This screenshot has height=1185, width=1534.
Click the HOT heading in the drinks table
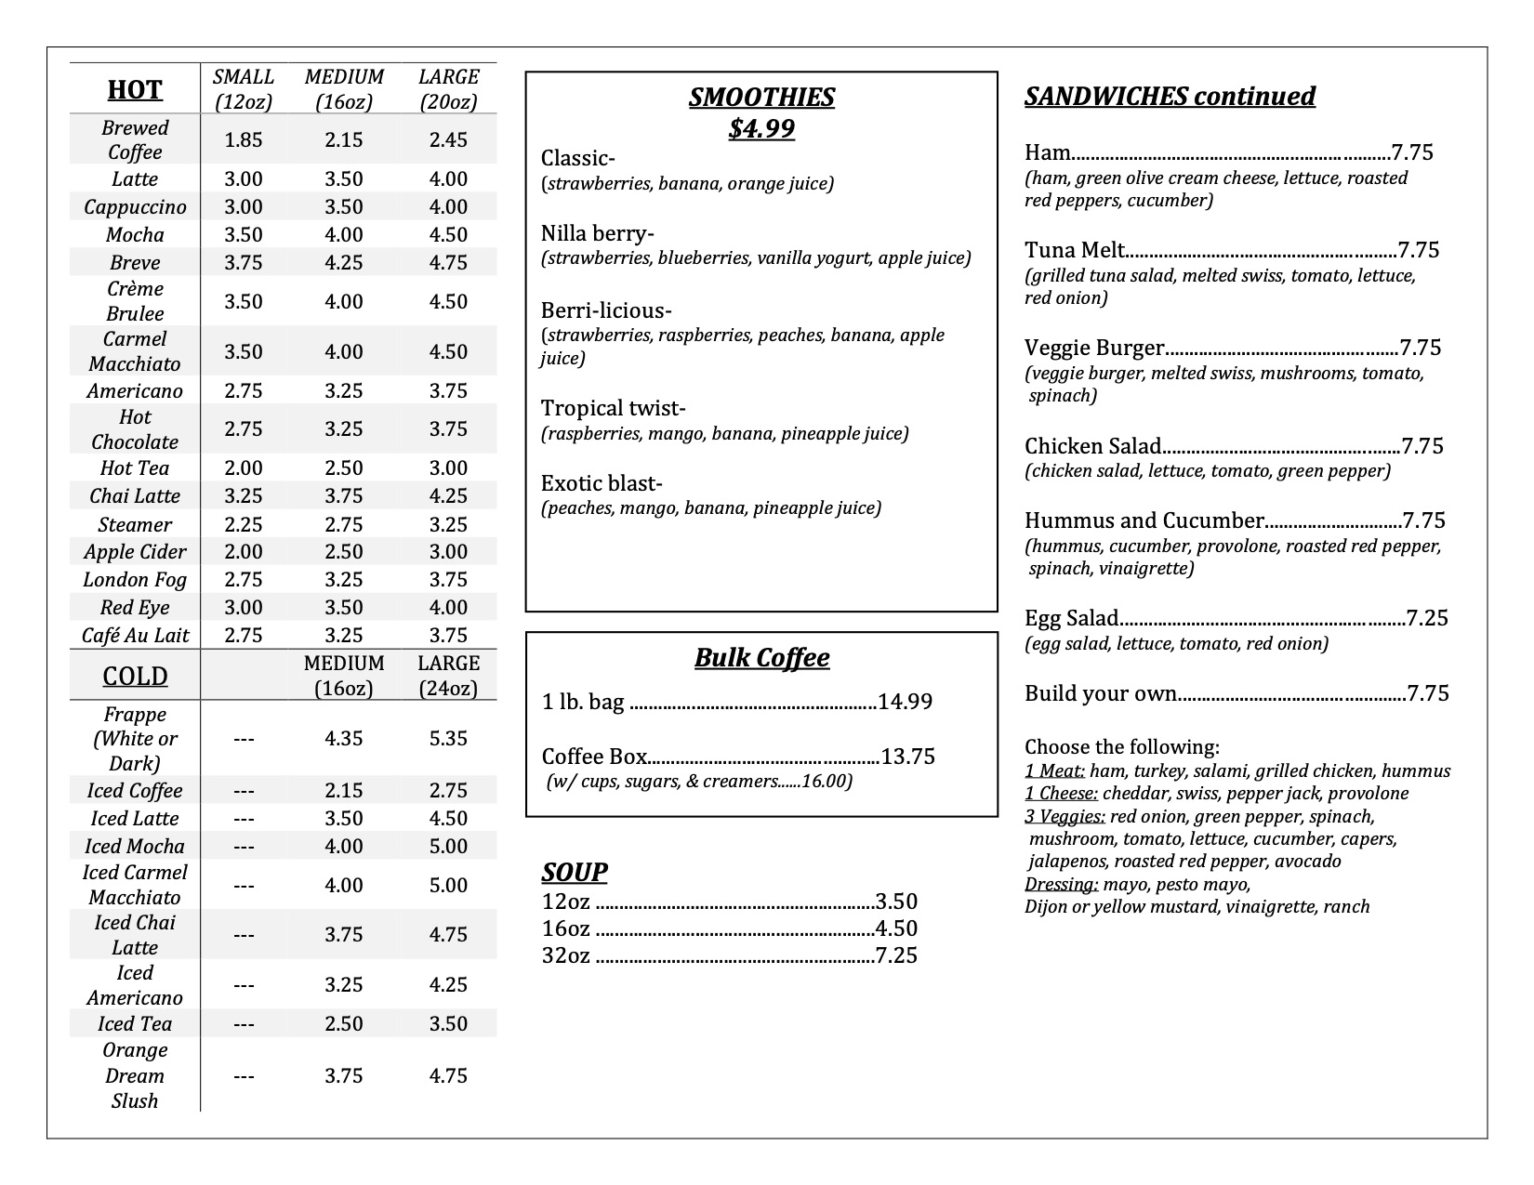click(135, 90)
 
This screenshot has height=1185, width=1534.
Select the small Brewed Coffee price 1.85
click(244, 140)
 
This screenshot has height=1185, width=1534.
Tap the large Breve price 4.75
click(448, 263)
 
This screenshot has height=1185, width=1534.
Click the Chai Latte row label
click(135, 496)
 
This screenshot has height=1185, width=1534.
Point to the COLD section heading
click(135, 676)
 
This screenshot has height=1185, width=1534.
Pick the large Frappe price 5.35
click(448, 739)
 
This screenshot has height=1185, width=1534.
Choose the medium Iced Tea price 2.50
click(343, 1024)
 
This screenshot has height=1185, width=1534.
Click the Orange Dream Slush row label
click(135, 1075)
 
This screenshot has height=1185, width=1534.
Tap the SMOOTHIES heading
click(761, 98)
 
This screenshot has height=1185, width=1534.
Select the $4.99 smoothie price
click(761, 129)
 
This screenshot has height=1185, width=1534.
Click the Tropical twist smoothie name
click(613, 409)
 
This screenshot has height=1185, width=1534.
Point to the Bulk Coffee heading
click(761, 658)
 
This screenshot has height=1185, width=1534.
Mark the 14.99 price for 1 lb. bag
click(905, 702)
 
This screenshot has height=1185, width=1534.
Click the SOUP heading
click(575, 872)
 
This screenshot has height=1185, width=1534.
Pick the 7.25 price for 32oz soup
click(896, 956)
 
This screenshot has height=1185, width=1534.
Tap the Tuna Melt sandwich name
click(1075, 250)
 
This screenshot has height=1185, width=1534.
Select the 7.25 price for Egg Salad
click(1427, 618)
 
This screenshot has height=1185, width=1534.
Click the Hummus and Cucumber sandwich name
click(1144, 520)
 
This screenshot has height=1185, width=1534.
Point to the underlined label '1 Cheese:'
click(1061, 794)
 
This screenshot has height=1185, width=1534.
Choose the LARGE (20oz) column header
click(448, 90)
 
